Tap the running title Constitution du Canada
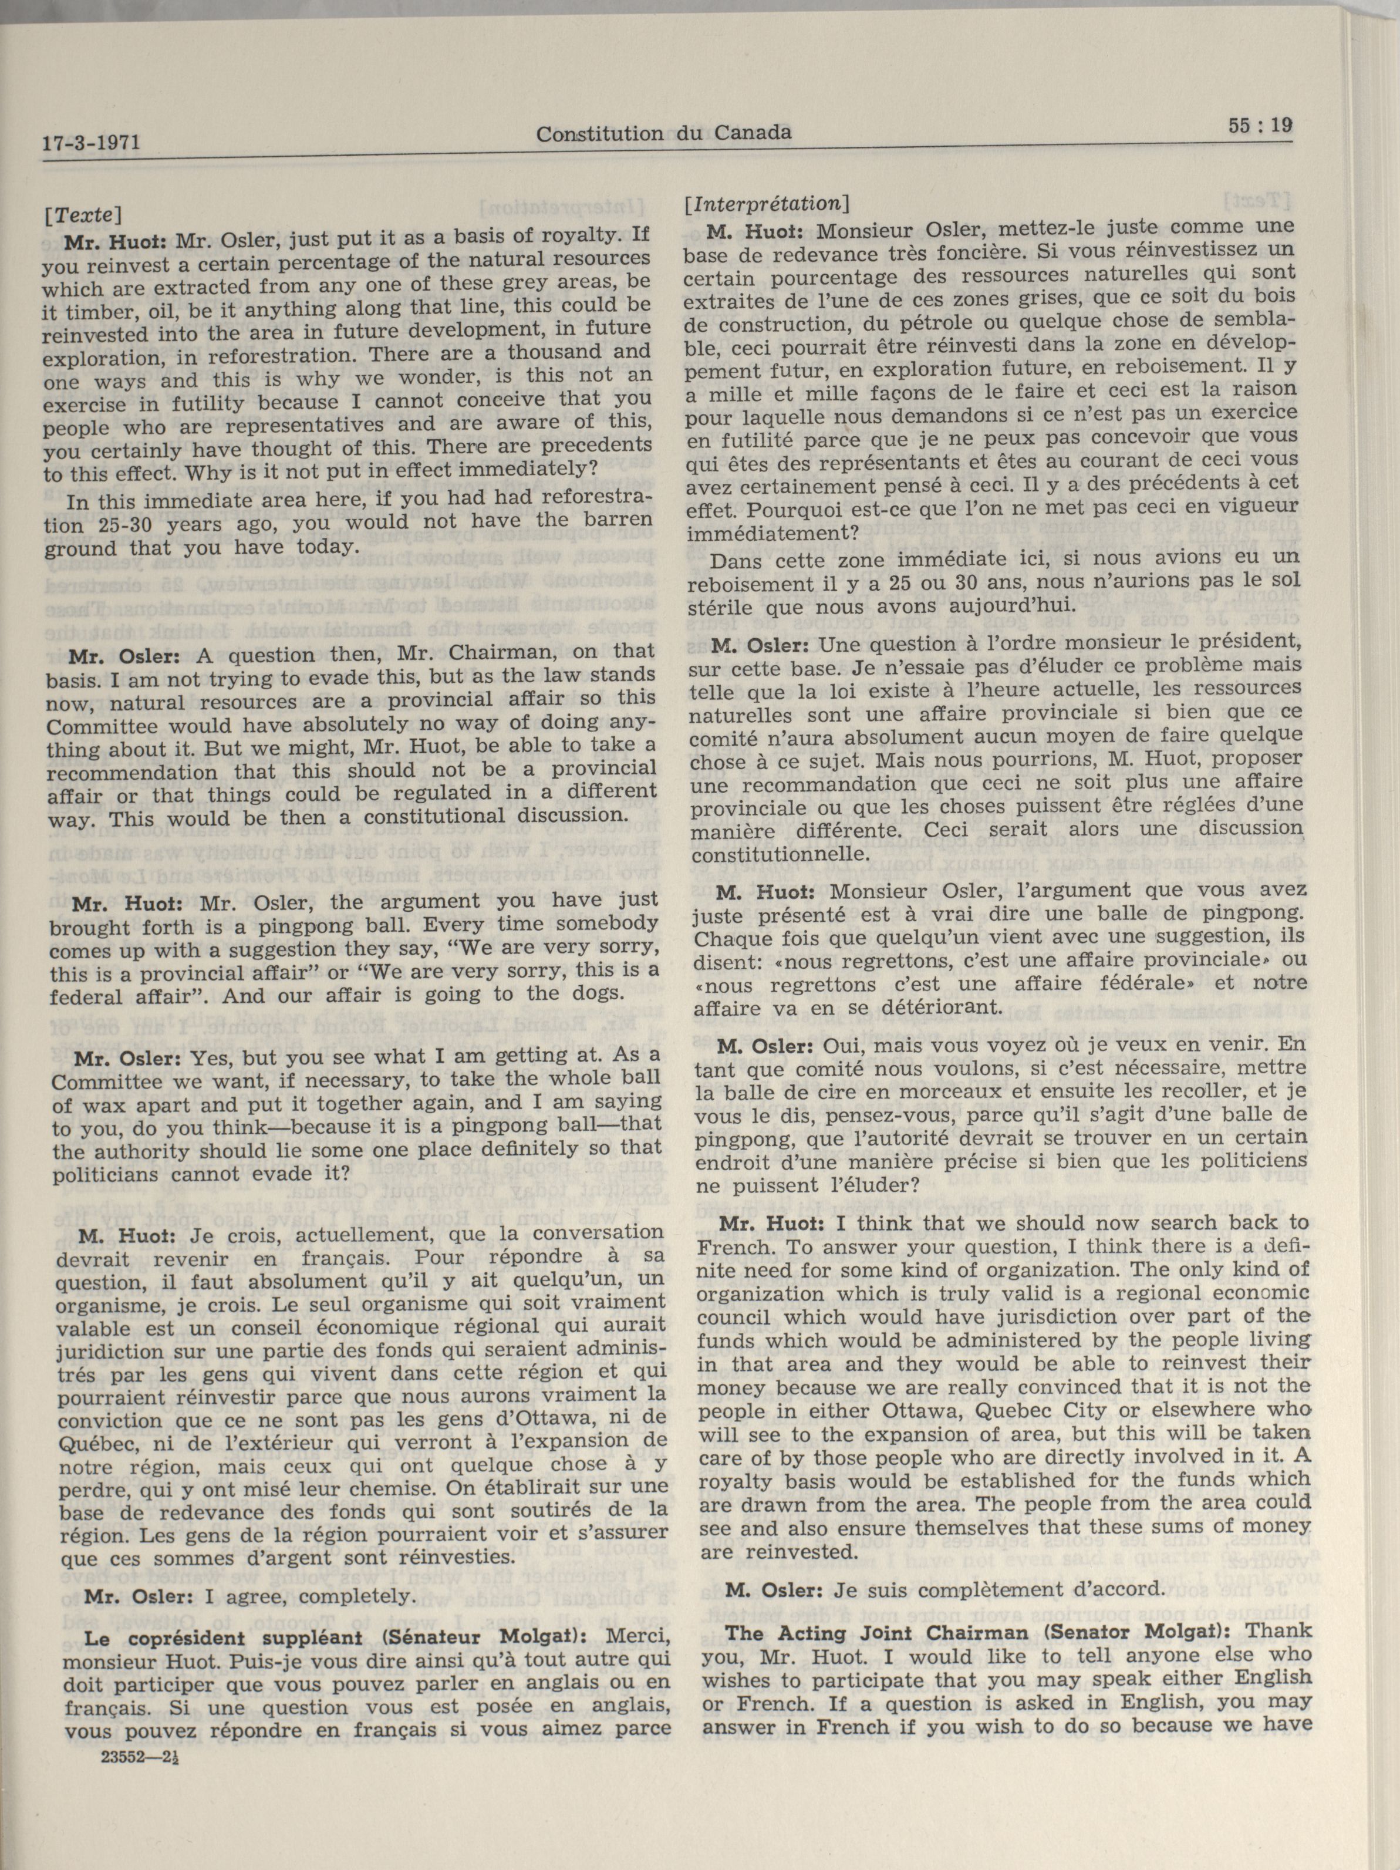coord(664,134)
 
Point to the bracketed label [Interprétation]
coord(768,204)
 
